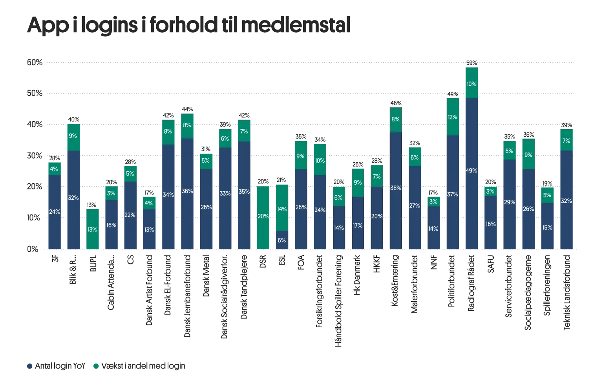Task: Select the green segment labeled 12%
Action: click(453, 117)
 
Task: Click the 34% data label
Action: click(168, 194)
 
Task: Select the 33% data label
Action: click(225, 193)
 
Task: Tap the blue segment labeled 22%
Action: click(130, 215)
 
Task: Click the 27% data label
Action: click(415, 206)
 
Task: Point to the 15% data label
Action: click(547, 228)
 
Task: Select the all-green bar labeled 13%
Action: click(92, 229)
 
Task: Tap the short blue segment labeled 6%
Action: click(281, 240)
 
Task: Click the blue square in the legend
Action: click(29, 366)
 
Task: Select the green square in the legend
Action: click(95, 366)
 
